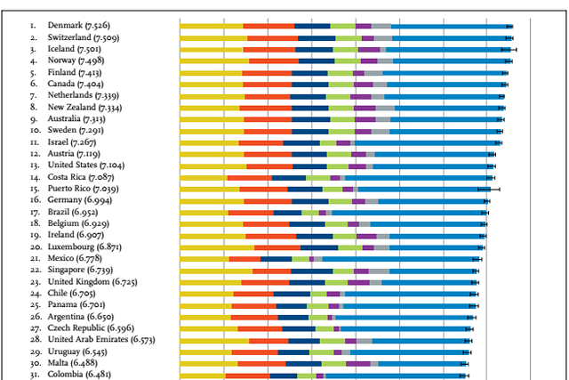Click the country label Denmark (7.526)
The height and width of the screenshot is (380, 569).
tap(80, 27)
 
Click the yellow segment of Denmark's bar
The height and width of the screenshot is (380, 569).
tap(211, 27)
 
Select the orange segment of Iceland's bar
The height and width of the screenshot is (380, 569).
tap(269, 50)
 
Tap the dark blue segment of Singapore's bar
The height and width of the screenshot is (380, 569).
tap(312, 271)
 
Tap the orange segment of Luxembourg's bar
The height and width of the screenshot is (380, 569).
tap(277, 247)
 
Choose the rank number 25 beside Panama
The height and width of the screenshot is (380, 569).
tap(34, 304)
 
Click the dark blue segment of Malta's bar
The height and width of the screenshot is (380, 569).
tap(303, 363)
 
